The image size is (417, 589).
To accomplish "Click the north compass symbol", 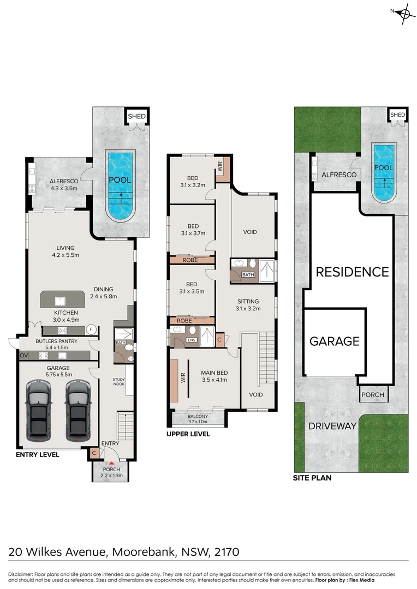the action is [x=403, y=13].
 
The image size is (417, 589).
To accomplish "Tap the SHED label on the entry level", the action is [x=136, y=116].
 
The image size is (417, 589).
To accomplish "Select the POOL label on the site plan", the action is [x=383, y=167].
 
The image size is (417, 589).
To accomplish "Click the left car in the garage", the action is [x=38, y=411].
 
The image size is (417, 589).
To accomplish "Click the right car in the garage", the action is [x=78, y=411].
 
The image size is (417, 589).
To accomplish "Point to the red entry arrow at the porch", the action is [x=111, y=464].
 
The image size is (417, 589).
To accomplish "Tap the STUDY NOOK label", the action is [x=119, y=382].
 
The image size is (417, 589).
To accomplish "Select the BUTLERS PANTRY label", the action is [x=56, y=341].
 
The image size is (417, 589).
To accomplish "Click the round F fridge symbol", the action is [x=91, y=329].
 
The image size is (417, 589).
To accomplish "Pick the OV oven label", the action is [x=23, y=355].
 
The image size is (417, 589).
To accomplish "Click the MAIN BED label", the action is [x=215, y=372].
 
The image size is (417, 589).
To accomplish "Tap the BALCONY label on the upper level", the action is [x=198, y=416].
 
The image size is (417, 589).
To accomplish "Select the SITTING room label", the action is [x=248, y=301].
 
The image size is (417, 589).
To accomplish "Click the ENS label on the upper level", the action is [x=192, y=340].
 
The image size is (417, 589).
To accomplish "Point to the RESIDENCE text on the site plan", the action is [x=353, y=272].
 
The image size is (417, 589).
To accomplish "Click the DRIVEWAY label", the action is [x=332, y=426].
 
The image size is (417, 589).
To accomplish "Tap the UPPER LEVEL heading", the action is [x=188, y=434].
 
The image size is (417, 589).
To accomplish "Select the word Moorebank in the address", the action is [x=144, y=552].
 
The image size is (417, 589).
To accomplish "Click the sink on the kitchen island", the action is [x=60, y=301].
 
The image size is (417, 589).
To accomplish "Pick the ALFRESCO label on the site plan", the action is [x=339, y=175].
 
